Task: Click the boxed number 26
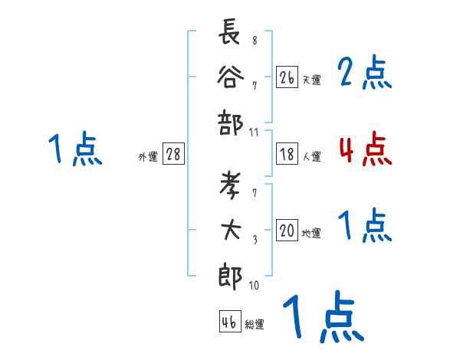(287, 77)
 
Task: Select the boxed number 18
(287, 154)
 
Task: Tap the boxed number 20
(287, 231)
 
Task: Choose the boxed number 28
(173, 155)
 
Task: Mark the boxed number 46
(228, 322)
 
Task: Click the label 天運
(311, 80)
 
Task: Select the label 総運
(255, 325)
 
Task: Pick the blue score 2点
(365, 73)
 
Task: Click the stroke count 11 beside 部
(255, 133)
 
